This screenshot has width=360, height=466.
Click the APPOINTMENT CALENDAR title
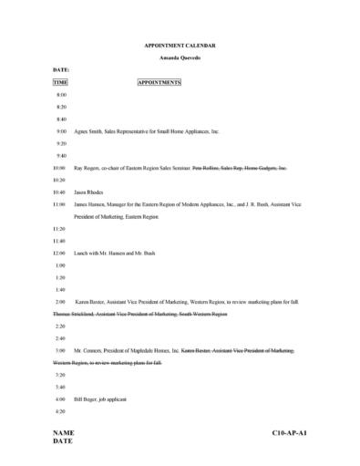tap(180, 44)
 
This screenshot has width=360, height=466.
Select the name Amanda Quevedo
tap(180, 57)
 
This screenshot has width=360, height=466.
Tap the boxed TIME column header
tap(60, 82)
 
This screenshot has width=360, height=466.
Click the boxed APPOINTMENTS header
tap(159, 82)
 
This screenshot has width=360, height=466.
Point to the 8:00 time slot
tap(61, 95)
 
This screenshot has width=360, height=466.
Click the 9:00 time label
tap(61, 131)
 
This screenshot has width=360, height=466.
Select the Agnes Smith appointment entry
tap(146, 131)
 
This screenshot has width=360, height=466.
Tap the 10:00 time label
tap(59, 168)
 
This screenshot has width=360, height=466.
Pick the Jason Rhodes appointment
tap(88, 192)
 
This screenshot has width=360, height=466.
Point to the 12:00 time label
tap(59, 252)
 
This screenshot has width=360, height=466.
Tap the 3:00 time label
tap(61, 350)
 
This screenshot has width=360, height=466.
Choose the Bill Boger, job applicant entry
tap(103, 399)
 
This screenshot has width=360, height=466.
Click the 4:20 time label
tap(61, 411)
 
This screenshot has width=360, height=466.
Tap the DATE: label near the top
tap(61, 69)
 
